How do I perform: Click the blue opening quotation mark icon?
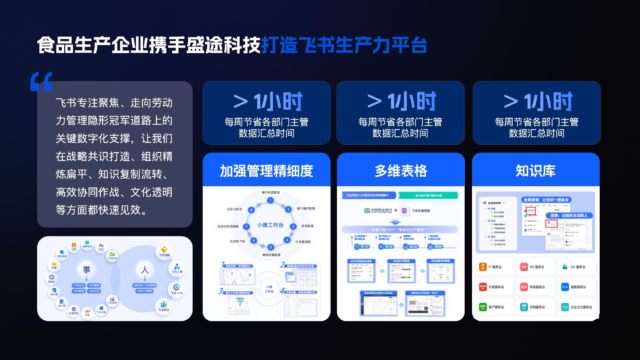point(41,82)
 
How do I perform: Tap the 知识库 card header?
point(535,171)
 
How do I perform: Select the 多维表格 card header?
point(401,171)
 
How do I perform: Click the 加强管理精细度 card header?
point(266,171)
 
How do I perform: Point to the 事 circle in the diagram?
point(86,270)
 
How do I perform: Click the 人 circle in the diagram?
point(145,270)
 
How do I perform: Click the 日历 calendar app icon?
point(74,245)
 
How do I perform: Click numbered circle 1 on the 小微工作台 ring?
point(270,200)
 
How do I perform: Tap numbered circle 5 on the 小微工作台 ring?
point(271,247)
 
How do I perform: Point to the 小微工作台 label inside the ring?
point(270,225)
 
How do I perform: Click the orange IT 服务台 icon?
point(483,267)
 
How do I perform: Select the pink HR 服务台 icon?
point(524,267)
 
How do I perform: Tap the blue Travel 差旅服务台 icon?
point(565,287)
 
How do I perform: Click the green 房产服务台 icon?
point(483,307)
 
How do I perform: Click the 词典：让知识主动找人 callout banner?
point(569,215)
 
